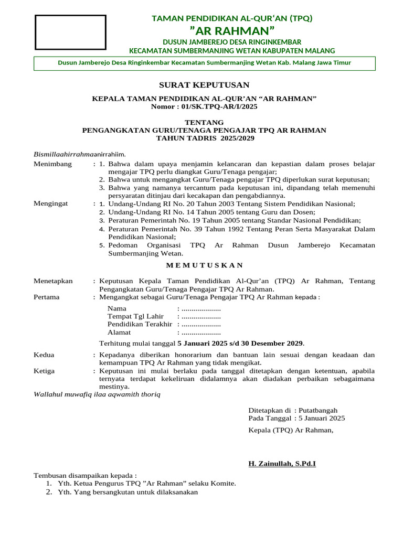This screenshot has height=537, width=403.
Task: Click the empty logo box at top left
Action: coord(70,32)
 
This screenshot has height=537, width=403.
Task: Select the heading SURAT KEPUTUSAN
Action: coord(204,85)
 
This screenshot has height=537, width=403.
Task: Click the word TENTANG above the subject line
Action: coord(204,122)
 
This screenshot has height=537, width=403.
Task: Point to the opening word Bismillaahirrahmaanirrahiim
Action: coord(80,154)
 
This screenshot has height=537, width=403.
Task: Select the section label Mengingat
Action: coord(51,203)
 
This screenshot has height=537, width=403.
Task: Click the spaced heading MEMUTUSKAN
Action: coord(204,265)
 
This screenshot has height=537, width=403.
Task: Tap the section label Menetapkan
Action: coord(53,281)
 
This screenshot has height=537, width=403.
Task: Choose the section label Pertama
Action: coord(47,297)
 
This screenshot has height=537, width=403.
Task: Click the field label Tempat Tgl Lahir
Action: coord(135,316)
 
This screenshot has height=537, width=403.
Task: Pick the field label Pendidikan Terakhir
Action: coord(140,324)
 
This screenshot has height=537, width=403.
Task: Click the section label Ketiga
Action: coord(44,371)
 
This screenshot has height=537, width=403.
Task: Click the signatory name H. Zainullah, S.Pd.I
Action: coord(282,464)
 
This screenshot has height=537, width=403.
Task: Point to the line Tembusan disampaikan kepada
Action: coord(85,475)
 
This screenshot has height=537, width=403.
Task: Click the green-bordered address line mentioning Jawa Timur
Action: coord(204,63)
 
